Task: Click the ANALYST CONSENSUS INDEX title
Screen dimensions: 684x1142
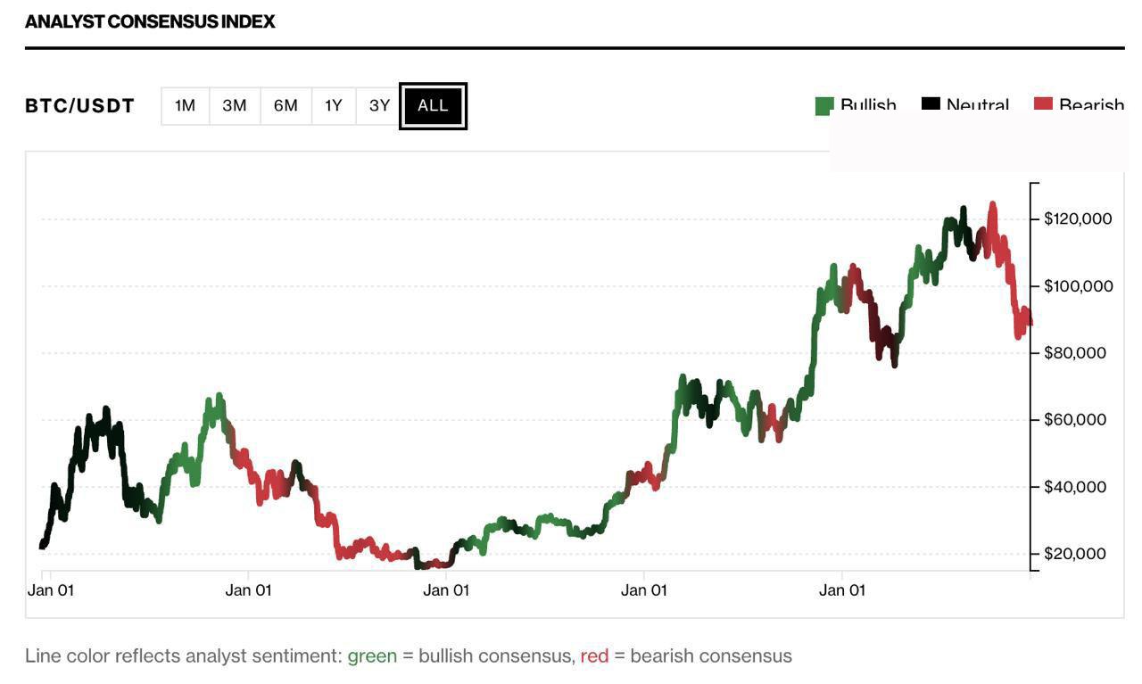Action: click(150, 21)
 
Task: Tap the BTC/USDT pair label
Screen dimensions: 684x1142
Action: click(79, 106)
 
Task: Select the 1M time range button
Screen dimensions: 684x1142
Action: click(185, 106)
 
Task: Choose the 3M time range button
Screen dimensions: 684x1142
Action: click(235, 106)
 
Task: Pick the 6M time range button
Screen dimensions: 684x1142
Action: click(285, 106)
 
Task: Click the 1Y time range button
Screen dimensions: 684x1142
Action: click(334, 106)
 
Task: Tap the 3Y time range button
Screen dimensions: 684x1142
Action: click(379, 106)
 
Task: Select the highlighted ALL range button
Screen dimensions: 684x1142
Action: click(433, 106)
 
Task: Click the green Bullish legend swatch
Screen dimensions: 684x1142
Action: click(823, 106)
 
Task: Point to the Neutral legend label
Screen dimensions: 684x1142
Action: click(977, 105)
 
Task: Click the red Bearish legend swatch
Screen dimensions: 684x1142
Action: click(1043, 104)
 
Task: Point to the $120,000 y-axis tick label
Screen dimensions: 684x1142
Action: click(1078, 218)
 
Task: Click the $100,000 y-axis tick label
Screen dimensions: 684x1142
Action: click(1078, 285)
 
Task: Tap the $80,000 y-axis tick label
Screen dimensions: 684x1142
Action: click(1074, 352)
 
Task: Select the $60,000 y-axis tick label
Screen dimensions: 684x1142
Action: click(1074, 419)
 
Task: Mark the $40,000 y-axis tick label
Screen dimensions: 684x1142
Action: click(1074, 486)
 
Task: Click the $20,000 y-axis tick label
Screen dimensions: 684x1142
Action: click(1074, 553)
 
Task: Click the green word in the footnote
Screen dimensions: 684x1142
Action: click(372, 656)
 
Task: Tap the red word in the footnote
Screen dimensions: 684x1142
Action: click(594, 656)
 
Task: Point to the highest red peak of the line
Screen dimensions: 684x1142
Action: click(993, 205)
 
